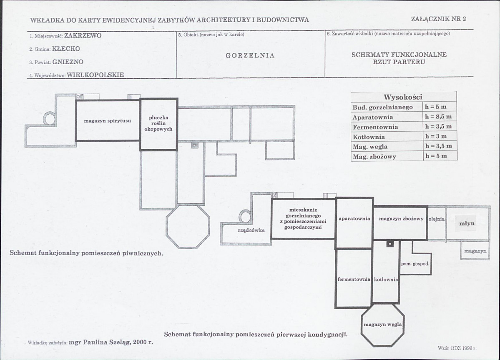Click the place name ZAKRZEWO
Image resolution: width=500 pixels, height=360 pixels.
coord(83,35)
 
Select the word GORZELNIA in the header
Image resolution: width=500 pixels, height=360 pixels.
coord(250,55)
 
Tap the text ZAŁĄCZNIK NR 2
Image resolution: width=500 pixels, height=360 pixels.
coord(438,19)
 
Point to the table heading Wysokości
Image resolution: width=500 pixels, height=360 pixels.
coord(403,97)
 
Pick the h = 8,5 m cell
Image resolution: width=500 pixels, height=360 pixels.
coord(438,117)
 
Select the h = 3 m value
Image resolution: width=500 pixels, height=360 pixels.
coord(436,136)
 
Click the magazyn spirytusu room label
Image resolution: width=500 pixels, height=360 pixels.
coord(108,121)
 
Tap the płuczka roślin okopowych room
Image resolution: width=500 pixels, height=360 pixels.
coord(158,123)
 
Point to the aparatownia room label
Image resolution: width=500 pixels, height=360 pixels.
coord(354,219)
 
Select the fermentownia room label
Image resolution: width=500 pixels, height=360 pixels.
coord(354,280)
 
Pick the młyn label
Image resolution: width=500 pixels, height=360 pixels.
coord(467,223)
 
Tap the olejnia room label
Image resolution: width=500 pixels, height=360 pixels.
coord(437,219)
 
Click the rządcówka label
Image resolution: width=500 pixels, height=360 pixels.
coord(251,230)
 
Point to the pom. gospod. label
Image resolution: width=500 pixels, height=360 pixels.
coord(415,264)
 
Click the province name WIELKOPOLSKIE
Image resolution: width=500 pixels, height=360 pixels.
coord(95,75)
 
